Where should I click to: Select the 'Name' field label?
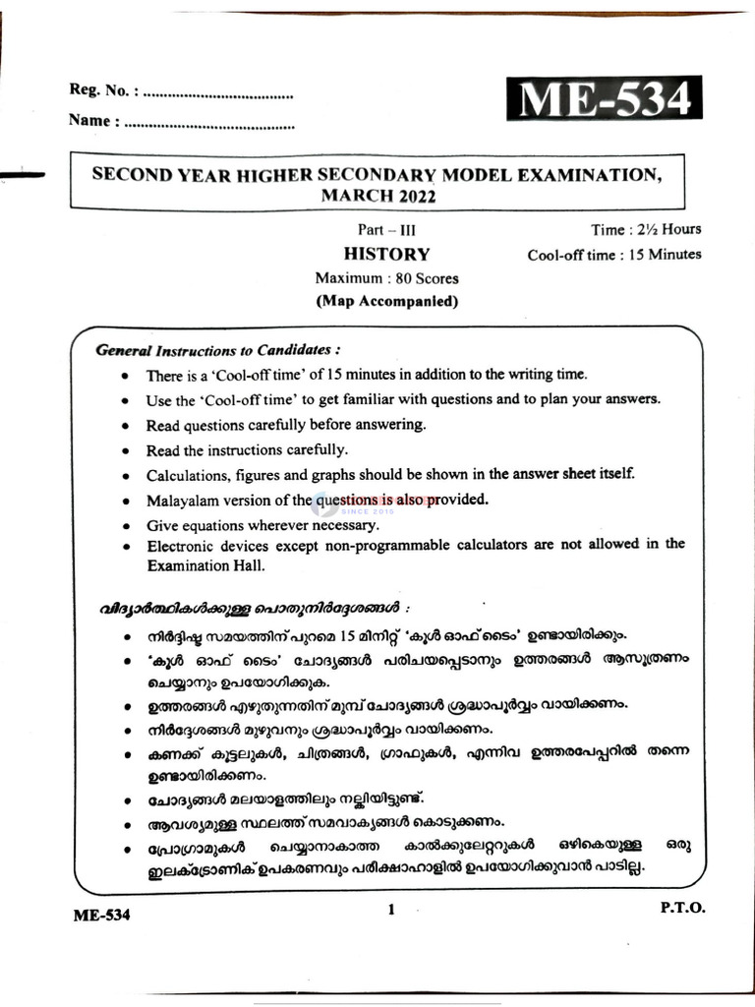click(94, 122)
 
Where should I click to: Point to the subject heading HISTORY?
click(386, 254)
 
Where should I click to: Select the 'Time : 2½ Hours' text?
click(645, 230)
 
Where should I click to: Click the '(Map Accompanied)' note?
click(386, 302)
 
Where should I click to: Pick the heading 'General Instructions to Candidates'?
click(218, 350)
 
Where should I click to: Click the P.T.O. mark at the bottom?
click(682, 908)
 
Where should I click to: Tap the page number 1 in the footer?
click(390, 910)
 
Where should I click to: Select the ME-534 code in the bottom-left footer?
click(101, 915)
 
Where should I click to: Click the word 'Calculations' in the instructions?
click(187, 475)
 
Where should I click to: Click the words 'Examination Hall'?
click(205, 566)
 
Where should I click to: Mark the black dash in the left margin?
click(22, 175)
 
